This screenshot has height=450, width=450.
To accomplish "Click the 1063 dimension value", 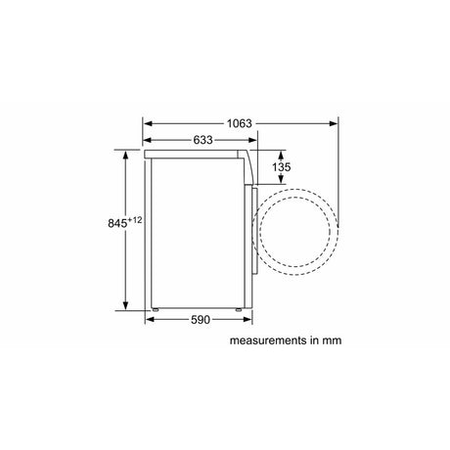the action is pyautogui.click(x=240, y=123).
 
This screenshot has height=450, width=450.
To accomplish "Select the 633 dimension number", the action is pyautogui.click(x=202, y=140).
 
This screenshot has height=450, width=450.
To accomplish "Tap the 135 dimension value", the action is pyautogui.click(x=281, y=167).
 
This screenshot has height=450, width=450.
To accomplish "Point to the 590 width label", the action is pyautogui.click(x=201, y=320).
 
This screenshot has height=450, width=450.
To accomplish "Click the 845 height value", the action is pyautogui.click(x=117, y=223).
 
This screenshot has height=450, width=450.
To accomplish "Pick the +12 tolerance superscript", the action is pyautogui.click(x=135, y=220).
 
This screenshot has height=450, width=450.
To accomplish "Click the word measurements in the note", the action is pyautogui.click(x=268, y=340).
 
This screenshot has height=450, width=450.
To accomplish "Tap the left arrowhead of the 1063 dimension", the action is pyautogui.click(x=148, y=123).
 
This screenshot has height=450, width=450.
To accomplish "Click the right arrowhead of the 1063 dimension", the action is pyautogui.click(x=334, y=123).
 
